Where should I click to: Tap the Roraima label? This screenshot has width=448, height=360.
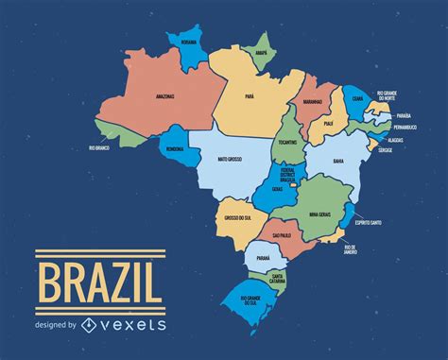pos(188,42)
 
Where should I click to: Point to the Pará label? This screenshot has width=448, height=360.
pos(250,95)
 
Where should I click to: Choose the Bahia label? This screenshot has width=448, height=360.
pos(337,162)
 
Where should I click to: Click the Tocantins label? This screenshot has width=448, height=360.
pos(287,142)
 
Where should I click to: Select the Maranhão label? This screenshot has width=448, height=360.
pos(313,102)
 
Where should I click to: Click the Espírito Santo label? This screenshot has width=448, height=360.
pos(368,222)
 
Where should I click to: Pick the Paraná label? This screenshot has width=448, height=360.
pos(263,254)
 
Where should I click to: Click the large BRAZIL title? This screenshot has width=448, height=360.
pos(98,283)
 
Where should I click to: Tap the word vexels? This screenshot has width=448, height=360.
pos(128,324)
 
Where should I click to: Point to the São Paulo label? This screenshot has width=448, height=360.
pos(282,234)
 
